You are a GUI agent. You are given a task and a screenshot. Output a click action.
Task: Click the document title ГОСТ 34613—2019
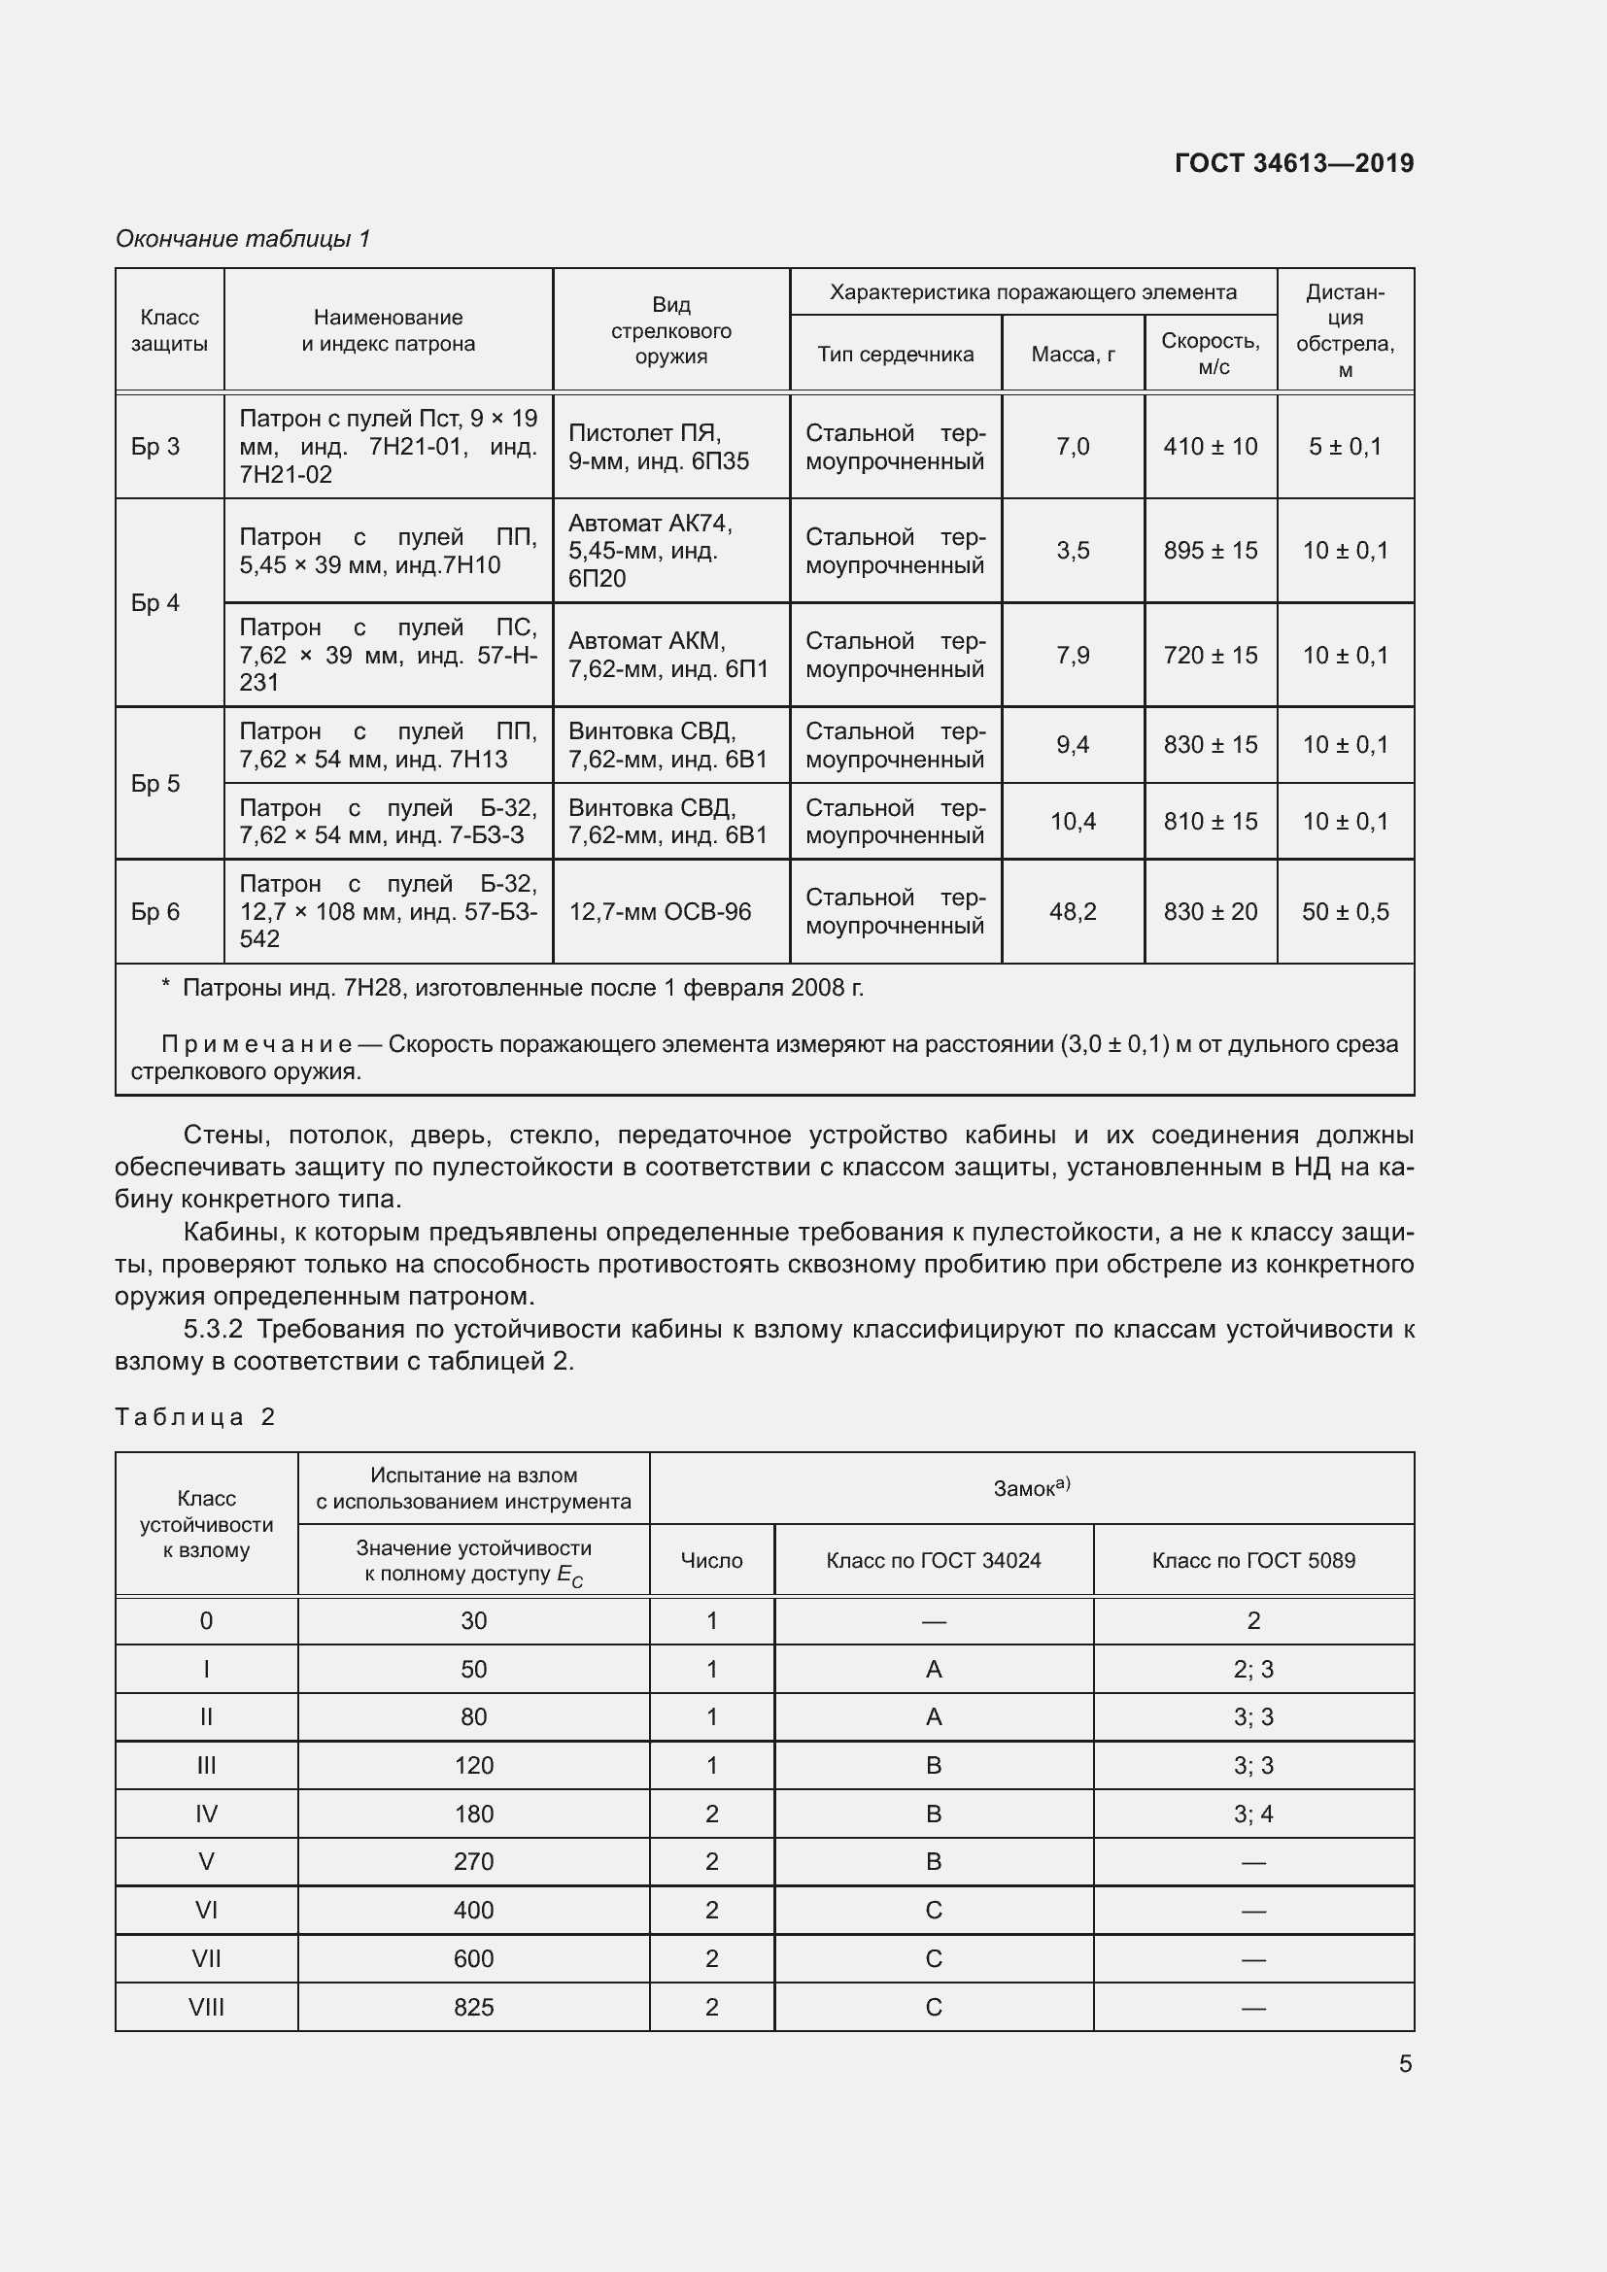tap(1293, 163)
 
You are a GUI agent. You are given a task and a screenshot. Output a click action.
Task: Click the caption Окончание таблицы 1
tap(243, 239)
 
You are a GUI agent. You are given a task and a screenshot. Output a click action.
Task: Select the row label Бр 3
tap(155, 446)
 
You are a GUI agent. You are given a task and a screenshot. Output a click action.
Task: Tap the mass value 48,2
tap(1073, 911)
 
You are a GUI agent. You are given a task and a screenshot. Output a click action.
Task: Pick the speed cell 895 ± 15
tap(1211, 550)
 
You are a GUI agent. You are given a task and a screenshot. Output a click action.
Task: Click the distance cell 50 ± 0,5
tap(1345, 911)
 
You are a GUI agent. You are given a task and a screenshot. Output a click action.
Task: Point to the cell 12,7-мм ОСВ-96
tap(660, 911)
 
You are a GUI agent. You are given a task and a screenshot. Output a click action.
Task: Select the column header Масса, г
tap(1073, 355)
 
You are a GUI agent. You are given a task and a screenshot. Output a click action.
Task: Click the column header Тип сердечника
tap(895, 355)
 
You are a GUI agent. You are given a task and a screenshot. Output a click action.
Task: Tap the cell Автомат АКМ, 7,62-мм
tap(667, 654)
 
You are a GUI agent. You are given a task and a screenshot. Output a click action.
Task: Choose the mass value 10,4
tap(1073, 822)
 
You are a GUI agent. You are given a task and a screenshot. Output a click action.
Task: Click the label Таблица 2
tap(195, 1417)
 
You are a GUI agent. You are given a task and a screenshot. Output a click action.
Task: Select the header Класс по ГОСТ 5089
tap(1252, 1561)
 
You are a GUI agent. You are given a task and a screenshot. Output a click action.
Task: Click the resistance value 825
tap(473, 2007)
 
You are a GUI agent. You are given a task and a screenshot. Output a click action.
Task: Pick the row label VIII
tap(206, 2007)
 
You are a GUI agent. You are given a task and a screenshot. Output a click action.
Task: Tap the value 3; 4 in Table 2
tap(1252, 1814)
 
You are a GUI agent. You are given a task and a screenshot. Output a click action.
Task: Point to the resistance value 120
tap(473, 1765)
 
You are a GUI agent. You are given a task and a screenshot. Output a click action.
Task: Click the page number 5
tap(1405, 2064)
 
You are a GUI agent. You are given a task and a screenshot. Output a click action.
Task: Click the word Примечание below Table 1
tap(256, 1044)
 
